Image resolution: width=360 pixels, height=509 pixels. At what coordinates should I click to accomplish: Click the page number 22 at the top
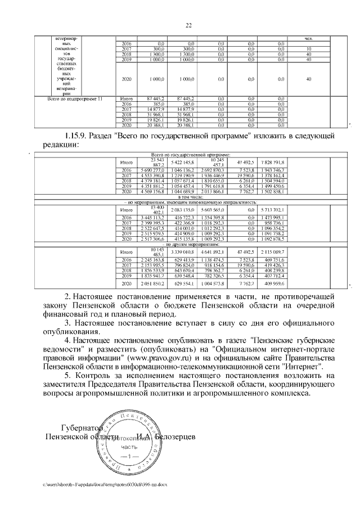pyautogui.click(x=189, y=24)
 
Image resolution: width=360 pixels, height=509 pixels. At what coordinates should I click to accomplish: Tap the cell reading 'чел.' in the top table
pyautogui.click(x=308, y=38)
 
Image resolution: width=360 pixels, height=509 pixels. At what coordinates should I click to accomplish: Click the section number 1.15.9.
pyautogui.click(x=75, y=136)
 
